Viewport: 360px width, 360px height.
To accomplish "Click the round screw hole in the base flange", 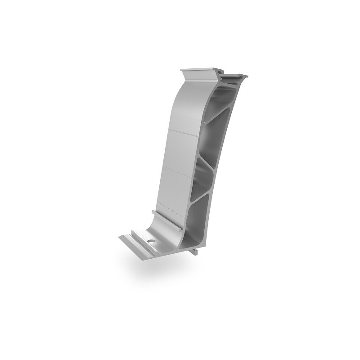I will click(x=150, y=242).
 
